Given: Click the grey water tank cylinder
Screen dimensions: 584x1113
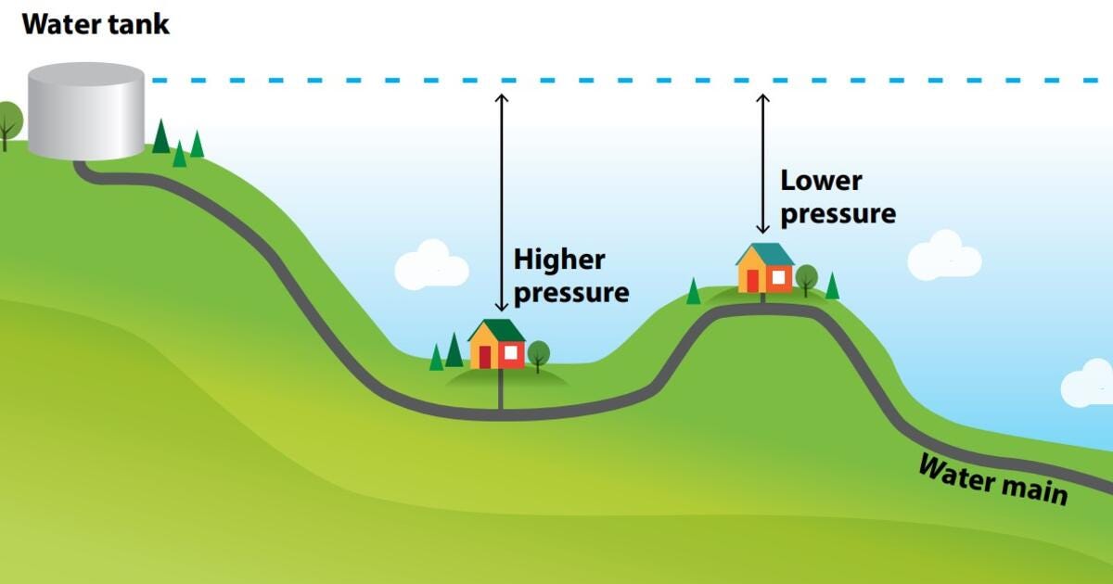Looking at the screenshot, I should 85,111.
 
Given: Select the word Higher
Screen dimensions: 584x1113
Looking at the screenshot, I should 559,260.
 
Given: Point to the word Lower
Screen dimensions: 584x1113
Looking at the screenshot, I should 821,180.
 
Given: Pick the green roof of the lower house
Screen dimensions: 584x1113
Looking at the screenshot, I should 496,330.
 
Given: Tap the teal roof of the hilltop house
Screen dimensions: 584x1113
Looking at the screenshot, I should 765,254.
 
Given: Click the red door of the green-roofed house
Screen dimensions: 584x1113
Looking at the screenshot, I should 484,357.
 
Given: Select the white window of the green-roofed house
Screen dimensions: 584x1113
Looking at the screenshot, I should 510,353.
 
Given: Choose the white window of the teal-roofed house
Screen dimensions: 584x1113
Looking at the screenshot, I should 779,276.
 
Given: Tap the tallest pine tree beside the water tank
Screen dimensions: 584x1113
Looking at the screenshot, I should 161,136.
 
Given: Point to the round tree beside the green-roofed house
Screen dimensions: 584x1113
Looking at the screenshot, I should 538,353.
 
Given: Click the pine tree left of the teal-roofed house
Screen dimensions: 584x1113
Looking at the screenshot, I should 693,291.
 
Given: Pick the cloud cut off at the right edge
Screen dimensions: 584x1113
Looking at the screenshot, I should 1089,384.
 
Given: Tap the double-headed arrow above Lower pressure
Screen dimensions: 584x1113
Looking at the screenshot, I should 763,163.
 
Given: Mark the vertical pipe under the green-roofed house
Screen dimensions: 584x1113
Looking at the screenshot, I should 501,390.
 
